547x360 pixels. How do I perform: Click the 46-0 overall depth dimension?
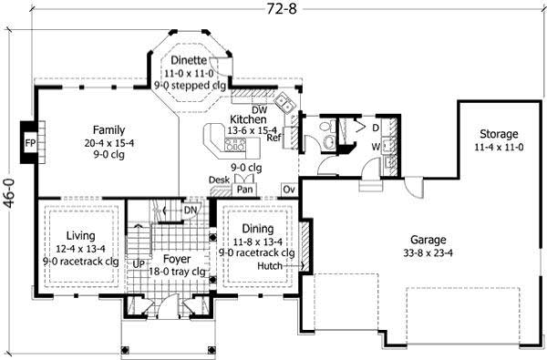[8, 192]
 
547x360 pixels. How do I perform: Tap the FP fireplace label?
[29, 145]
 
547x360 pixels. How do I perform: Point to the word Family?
[108, 129]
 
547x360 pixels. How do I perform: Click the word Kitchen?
[247, 119]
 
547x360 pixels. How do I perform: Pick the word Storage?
[496, 133]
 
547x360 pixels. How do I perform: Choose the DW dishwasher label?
[234, 108]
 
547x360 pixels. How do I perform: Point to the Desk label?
[218, 180]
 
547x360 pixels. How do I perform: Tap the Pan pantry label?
[244, 190]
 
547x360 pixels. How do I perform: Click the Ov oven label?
[288, 189]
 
